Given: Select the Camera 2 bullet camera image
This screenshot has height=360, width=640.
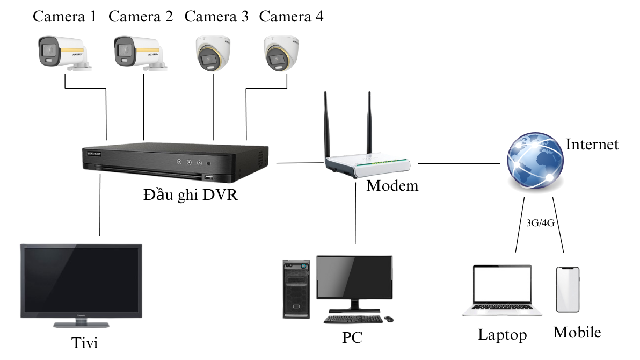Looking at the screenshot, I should [x=139, y=53].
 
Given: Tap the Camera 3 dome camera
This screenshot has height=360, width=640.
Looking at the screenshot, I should [x=213, y=54].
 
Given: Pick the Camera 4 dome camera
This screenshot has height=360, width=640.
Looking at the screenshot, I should [x=281, y=54].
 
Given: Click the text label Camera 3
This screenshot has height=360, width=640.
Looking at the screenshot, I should [x=216, y=17].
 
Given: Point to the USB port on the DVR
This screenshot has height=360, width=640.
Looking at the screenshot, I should [x=208, y=177].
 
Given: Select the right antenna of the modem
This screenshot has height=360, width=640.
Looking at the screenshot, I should [x=370, y=124].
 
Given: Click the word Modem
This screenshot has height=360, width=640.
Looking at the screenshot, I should [x=392, y=186].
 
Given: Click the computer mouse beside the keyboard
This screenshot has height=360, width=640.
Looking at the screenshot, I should [x=389, y=319].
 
